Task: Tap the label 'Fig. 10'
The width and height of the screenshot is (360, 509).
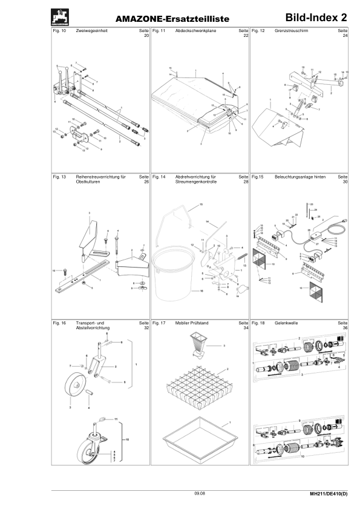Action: pos(60,30)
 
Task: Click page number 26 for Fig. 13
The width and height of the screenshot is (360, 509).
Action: pos(145,182)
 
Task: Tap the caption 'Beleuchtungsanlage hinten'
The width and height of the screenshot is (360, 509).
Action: pos(301,177)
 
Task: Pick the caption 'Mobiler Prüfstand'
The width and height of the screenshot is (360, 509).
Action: pos(192,323)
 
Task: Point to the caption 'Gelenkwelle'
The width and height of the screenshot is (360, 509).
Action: pos(286,323)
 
